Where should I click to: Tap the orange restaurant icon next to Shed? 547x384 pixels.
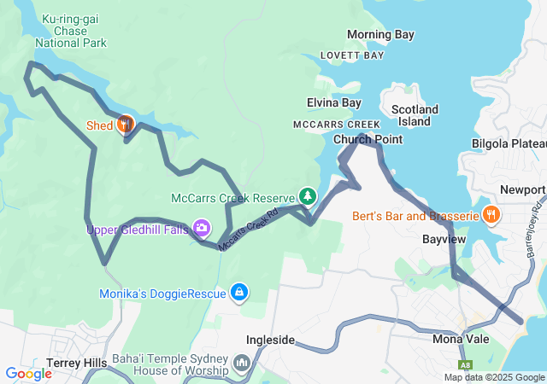click(x=125, y=125)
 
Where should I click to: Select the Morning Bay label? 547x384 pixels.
click(x=380, y=35)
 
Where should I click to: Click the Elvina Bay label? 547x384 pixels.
click(x=334, y=102)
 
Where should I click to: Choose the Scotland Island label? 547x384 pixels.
click(x=415, y=115)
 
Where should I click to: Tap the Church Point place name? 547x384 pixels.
click(x=368, y=139)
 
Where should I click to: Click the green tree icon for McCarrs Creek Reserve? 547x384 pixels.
click(x=306, y=197)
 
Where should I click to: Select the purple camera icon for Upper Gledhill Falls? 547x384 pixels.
click(x=201, y=228)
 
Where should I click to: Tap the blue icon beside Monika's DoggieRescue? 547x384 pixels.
click(x=240, y=294)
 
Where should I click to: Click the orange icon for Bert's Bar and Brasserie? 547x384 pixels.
click(x=492, y=215)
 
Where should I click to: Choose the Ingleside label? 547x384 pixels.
click(x=270, y=340)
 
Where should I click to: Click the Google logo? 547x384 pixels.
click(x=28, y=373)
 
